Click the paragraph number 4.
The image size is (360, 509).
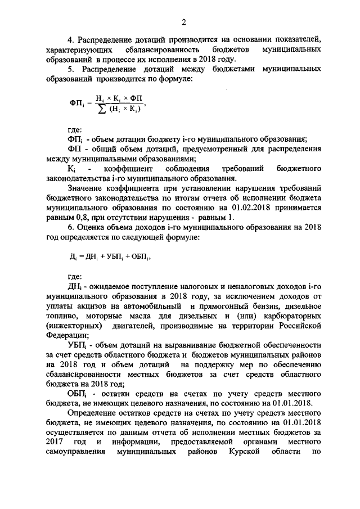pyautogui.click(x=70, y=40)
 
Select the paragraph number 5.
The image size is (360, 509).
pyautogui.click(x=70, y=69)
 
